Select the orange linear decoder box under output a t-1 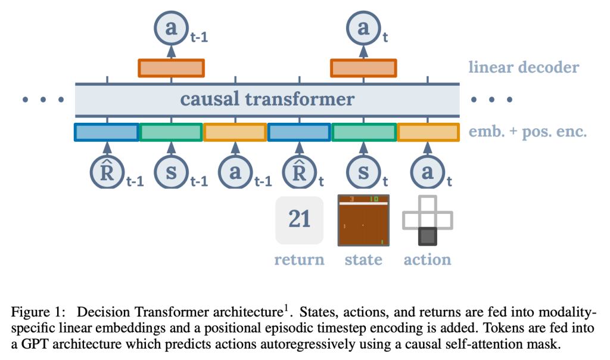click(172, 68)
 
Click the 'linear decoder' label click(524, 67)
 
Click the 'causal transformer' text click(267, 98)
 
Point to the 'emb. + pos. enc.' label click(528, 132)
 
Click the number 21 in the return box click(300, 219)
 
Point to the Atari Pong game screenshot click(363, 220)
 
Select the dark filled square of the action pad click(427, 237)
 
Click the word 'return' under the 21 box click(299, 260)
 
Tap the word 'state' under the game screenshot click(363, 260)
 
